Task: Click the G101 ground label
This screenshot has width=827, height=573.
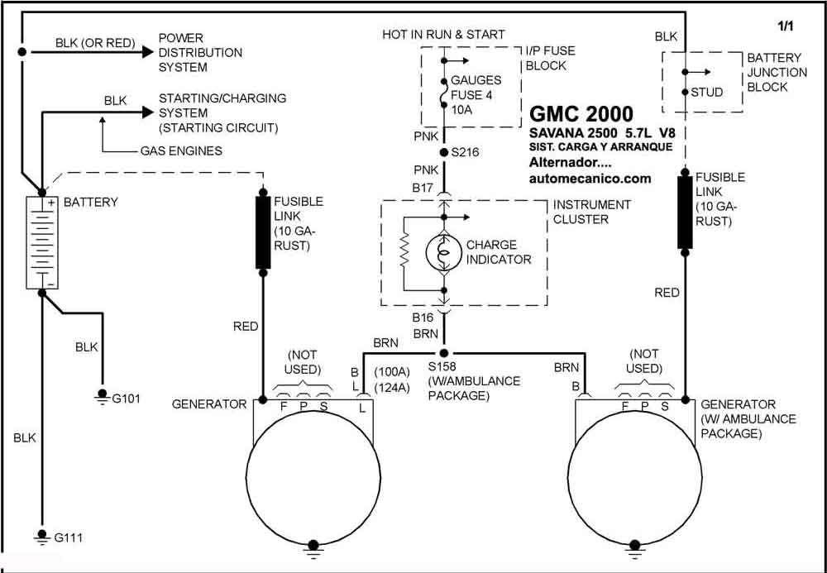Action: pos(126,399)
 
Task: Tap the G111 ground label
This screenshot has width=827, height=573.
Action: pos(68,538)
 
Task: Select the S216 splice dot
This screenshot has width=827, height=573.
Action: pos(444,153)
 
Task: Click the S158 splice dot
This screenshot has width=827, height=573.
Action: pos(444,353)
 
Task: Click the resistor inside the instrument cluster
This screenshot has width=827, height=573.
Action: pos(404,251)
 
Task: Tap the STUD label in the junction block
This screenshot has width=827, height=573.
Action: pos(707,93)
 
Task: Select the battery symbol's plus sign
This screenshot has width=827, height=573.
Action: pos(51,203)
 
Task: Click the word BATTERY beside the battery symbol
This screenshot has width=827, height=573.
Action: pos(91,203)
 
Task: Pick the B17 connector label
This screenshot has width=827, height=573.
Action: pos(422,187)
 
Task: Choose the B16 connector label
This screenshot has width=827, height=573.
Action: pos(423,318)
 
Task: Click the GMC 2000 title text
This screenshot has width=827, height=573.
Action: pos(581,114)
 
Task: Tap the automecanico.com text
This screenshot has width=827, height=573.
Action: pos(590,179)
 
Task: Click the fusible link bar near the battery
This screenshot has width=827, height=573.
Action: pos(263,232)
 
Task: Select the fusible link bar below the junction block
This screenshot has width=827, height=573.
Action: pos(685,212)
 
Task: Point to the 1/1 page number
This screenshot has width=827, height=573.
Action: pos(786,26)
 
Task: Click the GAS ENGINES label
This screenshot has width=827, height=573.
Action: pos(181,151)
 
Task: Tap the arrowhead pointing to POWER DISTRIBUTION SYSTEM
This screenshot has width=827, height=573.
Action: pos(146,52)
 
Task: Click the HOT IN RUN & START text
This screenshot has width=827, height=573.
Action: pos(443,35)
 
